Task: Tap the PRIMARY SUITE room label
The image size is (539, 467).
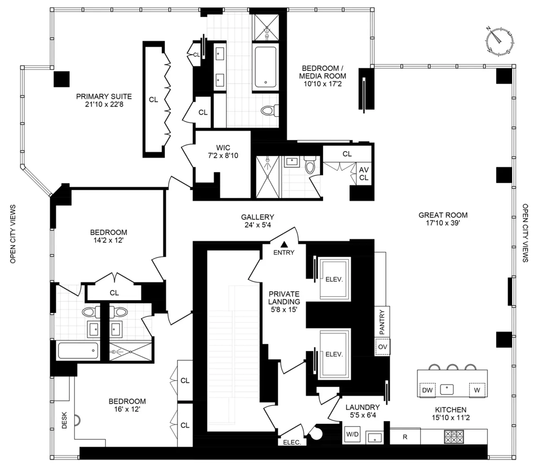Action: (x=104, y=96)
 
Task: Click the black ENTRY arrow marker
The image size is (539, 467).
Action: (x=284, y=245)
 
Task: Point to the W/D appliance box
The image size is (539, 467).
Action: (x=352, y=435)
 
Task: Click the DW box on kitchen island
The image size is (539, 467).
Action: (x=427, y=390)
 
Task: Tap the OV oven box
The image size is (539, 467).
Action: (x=382, y=347)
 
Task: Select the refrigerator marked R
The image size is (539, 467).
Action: (x=405, y=436)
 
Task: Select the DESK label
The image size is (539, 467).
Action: (x=64, y=420)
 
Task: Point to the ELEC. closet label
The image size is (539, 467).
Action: (x=295, y=442)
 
